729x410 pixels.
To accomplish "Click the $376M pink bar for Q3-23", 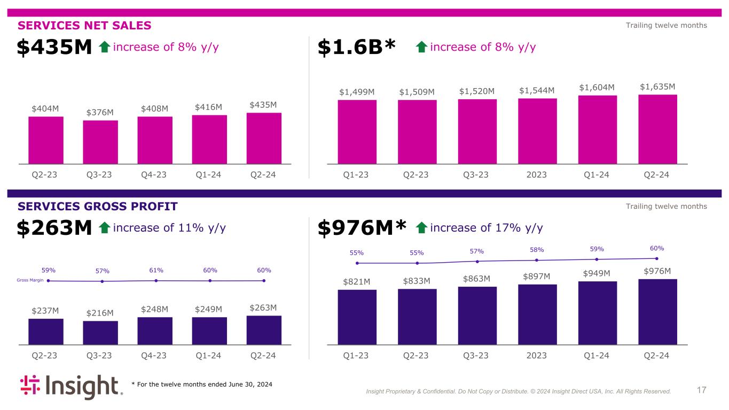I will (100, 142).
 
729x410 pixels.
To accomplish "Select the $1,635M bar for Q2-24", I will (657, 129).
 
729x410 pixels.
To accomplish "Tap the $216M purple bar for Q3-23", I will (100, 333).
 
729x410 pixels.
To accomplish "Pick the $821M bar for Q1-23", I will (357, 317).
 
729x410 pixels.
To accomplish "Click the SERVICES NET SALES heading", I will (84, 26).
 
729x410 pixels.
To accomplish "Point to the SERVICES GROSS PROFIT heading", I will (97, 207).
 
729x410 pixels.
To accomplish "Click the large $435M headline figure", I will (54, 48).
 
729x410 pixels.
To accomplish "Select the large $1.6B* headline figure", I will (356, 48).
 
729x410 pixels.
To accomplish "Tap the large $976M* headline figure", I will (362, 228).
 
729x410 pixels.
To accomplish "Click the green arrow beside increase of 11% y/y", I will (105, 228).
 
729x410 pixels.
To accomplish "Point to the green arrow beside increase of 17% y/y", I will (421, 228).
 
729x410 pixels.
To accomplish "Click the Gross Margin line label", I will (30, 280).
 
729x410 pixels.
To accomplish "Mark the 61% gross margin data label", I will (156, 270).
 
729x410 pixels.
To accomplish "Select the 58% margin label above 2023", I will (537, 250).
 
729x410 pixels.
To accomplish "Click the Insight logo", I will (72, 387).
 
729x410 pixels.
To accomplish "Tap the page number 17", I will (701, 390).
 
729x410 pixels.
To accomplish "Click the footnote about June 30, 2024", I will (202, 384).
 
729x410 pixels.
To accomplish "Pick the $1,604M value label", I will (597, 87).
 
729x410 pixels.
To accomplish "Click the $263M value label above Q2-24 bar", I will (264, 307).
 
